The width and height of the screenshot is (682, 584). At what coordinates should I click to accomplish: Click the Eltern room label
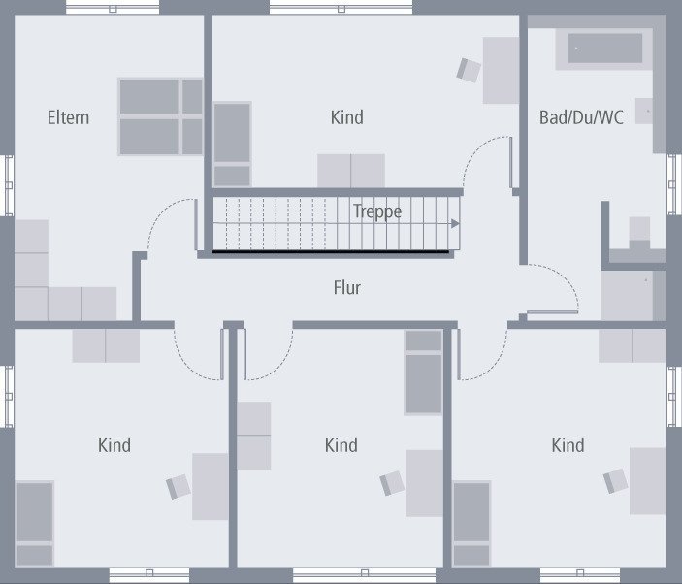click(x=68, y=117)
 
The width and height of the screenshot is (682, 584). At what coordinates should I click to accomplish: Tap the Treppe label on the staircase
click(x=377, y=211)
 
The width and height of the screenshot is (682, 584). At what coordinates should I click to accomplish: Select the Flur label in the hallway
click(x=346, y=287)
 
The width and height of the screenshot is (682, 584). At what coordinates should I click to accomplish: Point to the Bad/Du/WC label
click(x=581, y=117)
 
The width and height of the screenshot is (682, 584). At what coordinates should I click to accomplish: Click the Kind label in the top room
click(x=346, y=117)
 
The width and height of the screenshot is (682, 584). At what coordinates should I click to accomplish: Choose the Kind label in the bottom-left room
click(x=114, y=445)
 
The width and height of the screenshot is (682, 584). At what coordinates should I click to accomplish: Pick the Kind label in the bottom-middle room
click(x=341, y=445)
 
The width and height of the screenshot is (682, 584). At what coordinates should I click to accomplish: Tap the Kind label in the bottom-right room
click(x=568, y=445)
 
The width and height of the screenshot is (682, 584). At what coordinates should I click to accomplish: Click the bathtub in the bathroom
click(x=605, y=48)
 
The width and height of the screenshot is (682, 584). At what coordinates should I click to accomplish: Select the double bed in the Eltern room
click(x=161, y=116)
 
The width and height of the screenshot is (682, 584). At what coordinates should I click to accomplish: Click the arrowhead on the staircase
click(x=455, y=223)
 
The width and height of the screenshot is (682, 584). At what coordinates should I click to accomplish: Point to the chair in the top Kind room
click(x=470, y=70)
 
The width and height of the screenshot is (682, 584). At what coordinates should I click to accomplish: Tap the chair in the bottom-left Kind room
click(x=179, y=486)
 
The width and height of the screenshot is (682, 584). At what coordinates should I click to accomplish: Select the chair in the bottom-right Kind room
click(x=616, y=480)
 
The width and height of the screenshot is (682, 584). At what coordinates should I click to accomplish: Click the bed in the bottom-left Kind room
click(x=35, y=522)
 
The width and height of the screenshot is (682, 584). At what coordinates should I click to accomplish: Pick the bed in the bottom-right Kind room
click(x=472, y=523)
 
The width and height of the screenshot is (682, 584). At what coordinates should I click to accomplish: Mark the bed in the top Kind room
click(x=233, y=144)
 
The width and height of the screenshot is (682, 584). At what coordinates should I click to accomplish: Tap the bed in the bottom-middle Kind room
click(x=423, y=372)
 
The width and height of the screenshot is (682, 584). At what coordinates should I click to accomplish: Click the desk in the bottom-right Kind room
click(x=647, y=480)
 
